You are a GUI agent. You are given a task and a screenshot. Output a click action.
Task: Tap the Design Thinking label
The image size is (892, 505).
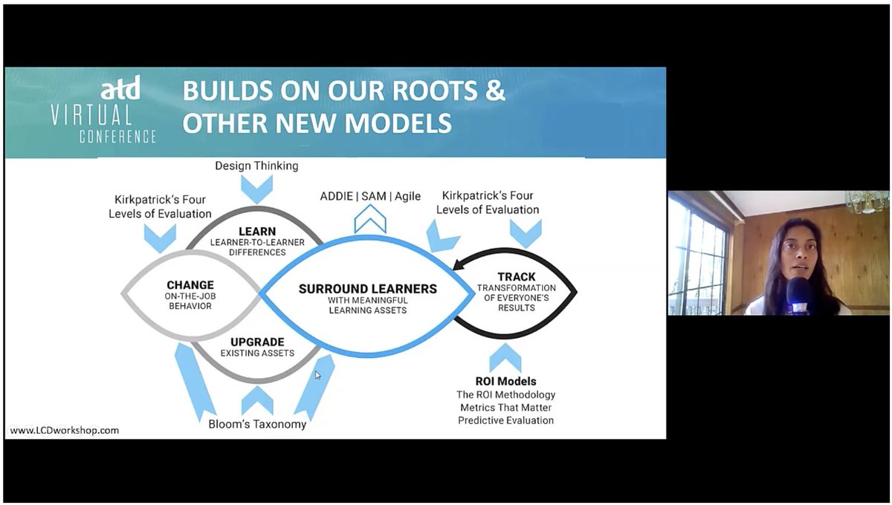[x=256, y=166]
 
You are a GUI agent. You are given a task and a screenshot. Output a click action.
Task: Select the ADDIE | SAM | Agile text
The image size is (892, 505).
[x=370, y=196]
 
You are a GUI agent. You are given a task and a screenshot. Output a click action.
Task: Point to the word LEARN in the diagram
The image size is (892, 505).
[x=257, y=232]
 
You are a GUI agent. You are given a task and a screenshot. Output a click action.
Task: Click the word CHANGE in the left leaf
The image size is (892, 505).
[x=190, y=284]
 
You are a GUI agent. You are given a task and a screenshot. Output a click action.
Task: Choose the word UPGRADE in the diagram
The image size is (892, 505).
[x=257, y=341]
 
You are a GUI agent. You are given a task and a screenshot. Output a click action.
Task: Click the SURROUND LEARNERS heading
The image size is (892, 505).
[x=368, y=288]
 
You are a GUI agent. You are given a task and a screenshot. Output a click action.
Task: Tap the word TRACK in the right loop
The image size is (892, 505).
[x=516, y=277]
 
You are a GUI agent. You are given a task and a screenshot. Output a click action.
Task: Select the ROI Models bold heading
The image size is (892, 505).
[x=505, y=382]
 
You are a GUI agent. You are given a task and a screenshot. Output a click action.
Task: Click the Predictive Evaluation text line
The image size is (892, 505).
[x=505, y=420]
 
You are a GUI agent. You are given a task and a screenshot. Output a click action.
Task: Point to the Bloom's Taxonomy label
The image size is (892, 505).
[x=257, y=425]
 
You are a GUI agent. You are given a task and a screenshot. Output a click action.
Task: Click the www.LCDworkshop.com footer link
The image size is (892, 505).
[x=64, y=430]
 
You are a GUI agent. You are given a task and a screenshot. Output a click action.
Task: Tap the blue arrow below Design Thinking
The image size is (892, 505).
[x=257, y=189]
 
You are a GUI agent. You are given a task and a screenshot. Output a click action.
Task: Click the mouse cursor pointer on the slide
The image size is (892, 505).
[x=318, y=375]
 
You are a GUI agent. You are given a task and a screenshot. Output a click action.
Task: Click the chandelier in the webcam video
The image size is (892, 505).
[x=867, y=201]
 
